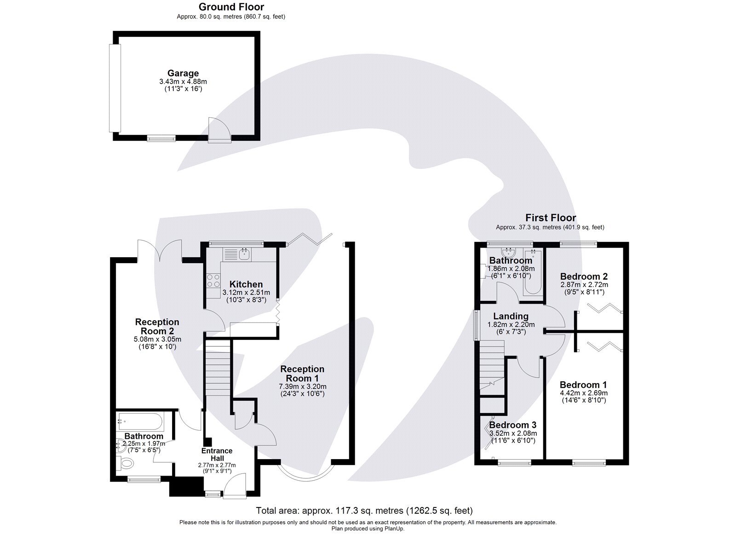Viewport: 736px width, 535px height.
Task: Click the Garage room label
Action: [183, 73]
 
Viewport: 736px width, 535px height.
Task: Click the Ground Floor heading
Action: [231, 7]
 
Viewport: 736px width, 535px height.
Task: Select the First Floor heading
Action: [550, 218]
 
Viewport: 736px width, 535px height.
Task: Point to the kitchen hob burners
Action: [213, 281]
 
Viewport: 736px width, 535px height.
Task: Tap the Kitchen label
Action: [246, 284]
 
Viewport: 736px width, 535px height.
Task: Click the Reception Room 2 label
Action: [157, 326]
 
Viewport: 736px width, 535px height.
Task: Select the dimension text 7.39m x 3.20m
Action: [303, 386]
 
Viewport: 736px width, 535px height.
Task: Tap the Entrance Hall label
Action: [217, 454]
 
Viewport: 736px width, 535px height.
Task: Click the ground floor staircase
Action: [218, 368]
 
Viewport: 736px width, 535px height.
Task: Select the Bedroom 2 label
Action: [584, 276]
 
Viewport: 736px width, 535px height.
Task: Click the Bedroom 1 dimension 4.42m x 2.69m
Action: [584, 393]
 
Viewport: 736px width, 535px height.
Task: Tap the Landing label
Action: [511, 316]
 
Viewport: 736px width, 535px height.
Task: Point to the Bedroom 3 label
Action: [512, 425]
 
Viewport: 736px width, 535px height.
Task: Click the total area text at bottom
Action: [364, 510]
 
